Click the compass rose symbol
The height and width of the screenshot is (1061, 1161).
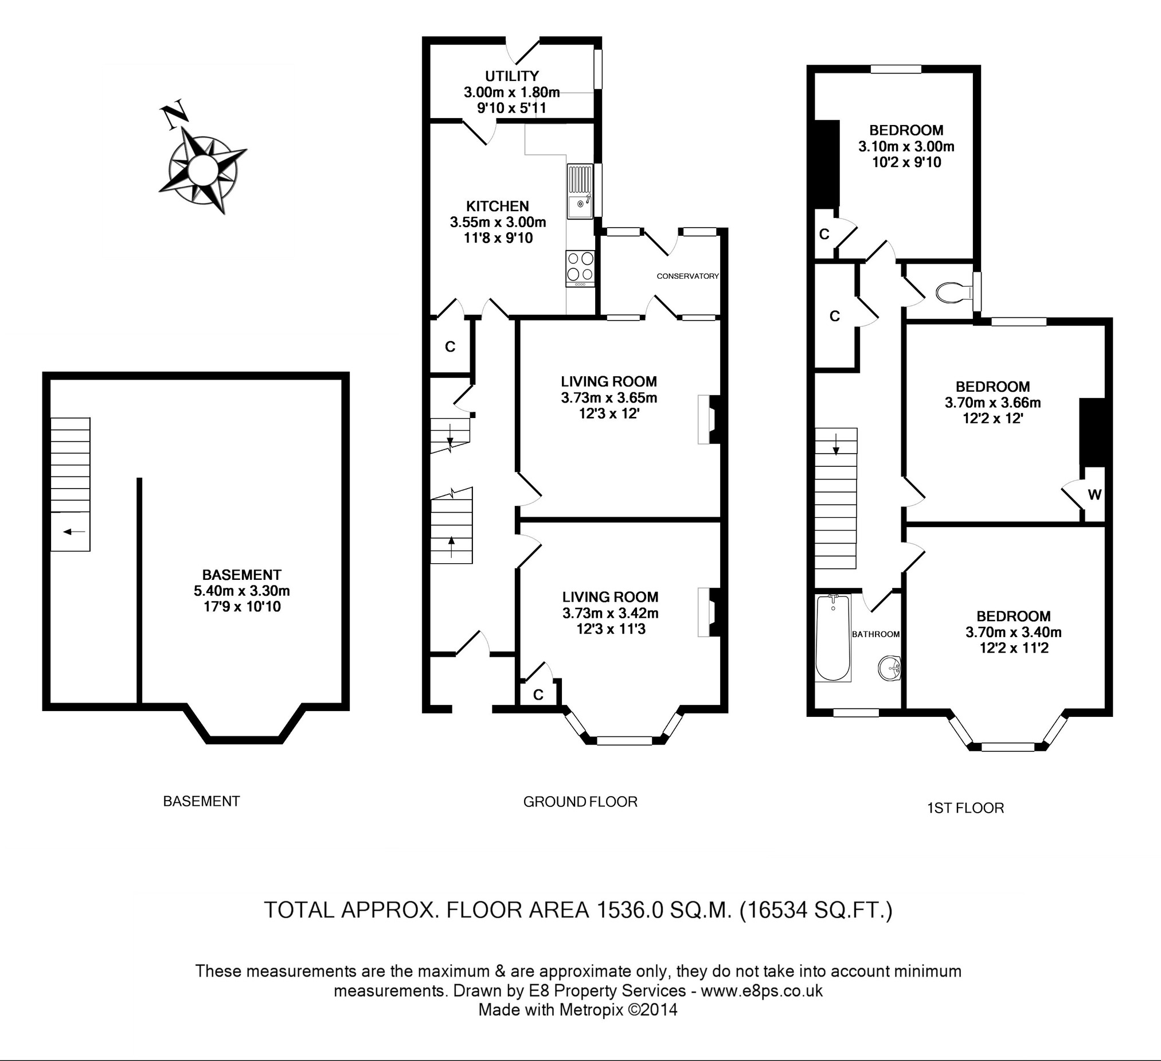pos(202,169)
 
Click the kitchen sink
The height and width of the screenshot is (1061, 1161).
pos(580,192)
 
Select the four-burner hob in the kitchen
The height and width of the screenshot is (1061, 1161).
pos(580,268)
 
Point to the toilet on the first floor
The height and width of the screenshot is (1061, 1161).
pos(954,292)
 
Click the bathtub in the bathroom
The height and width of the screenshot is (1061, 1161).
pos(833,639)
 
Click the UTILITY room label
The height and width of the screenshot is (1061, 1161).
pos(511,76)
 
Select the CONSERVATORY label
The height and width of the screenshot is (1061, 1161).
pos(687,276)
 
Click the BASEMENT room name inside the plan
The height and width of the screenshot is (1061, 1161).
pos(241,574)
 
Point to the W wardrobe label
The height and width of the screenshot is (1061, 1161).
pos(1094,494)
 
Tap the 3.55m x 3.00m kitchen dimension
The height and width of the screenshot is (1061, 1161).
pos(498,222)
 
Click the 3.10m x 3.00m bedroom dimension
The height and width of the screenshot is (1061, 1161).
pos(906,146)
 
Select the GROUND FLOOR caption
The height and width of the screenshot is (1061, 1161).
pos(580,801)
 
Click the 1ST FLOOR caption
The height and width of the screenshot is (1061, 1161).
pos(965,808)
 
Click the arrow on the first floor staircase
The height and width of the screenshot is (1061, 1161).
pos(835,443)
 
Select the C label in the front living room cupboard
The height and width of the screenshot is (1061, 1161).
pos(538,695)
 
